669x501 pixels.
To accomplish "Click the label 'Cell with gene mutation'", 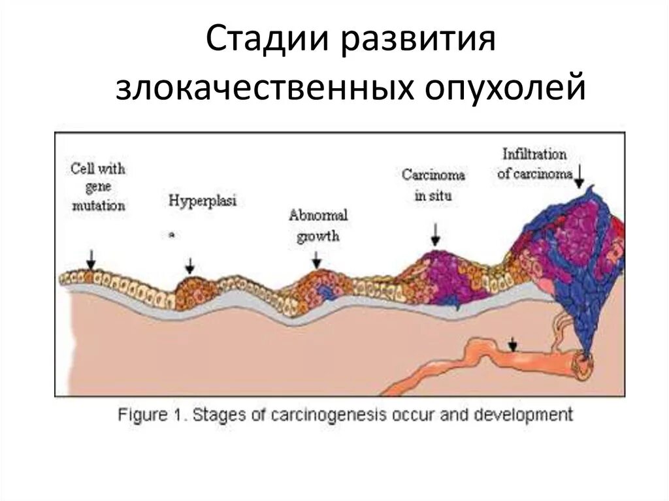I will point(99,187).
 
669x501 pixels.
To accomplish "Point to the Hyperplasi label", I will point(202,201).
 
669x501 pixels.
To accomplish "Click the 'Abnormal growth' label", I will point(318,225).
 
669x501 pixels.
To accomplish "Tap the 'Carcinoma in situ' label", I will point(433,185).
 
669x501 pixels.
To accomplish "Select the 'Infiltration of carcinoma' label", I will point(534,164).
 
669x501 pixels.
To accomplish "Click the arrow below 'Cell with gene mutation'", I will point(91,259).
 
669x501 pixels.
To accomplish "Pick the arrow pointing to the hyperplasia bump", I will point(190,265).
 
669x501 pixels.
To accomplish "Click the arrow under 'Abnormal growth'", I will point(317,260).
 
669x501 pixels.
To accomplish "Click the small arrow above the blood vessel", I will point(514,343).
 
